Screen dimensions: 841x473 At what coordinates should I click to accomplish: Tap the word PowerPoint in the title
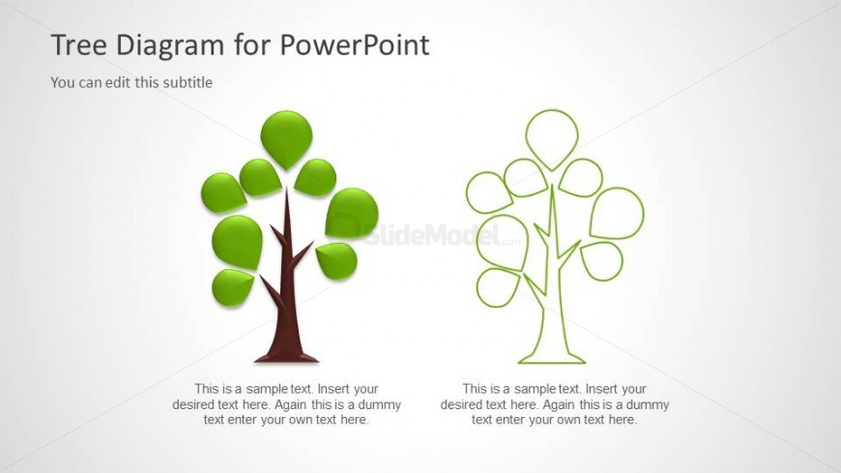click(x=355, y=44)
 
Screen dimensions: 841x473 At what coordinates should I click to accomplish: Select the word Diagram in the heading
click(x=170, y=46)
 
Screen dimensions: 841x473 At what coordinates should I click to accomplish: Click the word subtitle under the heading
click(x=188, y=82)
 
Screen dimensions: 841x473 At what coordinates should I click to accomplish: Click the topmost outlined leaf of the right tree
click(x=552, y=138)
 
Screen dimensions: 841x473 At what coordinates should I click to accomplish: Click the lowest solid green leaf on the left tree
click(x=232, y=288)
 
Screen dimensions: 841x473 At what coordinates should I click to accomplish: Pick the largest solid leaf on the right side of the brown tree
click(x=351, y=213)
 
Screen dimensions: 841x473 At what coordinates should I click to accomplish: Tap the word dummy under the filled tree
click(x=379, y=404)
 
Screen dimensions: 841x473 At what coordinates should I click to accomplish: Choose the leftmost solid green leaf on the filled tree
click(x=223, y=192)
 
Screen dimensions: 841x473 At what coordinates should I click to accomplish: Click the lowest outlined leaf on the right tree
click(x=497, y=287)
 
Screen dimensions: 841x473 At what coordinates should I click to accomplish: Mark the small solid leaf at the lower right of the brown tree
click(x=336, y=261)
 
